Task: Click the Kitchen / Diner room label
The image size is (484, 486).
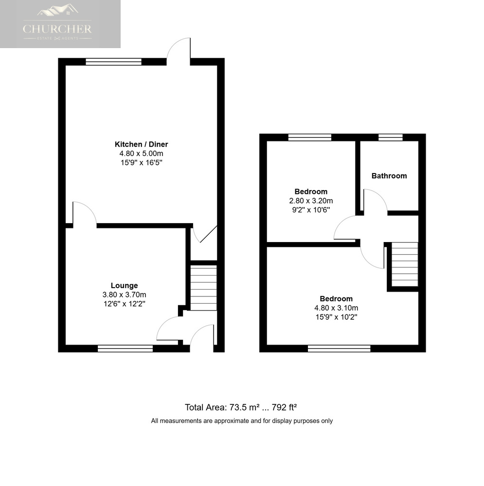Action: (x=141, y=144)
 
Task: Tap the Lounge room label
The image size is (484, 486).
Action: (x=124, y=285)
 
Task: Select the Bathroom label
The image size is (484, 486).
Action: (x=389, y=176)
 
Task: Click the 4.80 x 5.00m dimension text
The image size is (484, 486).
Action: (x=141, y=154)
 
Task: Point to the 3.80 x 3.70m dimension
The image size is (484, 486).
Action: (x=124, y=295)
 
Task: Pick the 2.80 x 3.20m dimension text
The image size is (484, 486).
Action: (x=311, y=201)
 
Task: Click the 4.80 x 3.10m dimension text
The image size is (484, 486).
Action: (x=336, y=308)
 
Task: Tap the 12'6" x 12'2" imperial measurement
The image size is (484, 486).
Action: (x=124, y=304)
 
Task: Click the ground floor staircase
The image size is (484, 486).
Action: (x=203, y=288)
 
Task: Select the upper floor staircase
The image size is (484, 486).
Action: (x=405, y=264)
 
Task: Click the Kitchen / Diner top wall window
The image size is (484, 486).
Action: (x=113, y=62)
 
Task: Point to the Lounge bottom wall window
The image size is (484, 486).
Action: (x=125, y=348)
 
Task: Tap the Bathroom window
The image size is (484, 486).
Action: (x=391, y=138)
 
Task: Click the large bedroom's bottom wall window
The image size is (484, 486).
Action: (x=339, y=348)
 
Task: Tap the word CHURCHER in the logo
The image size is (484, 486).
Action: (x=57, y=29)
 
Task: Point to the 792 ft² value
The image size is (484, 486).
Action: (x=284, y=407)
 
